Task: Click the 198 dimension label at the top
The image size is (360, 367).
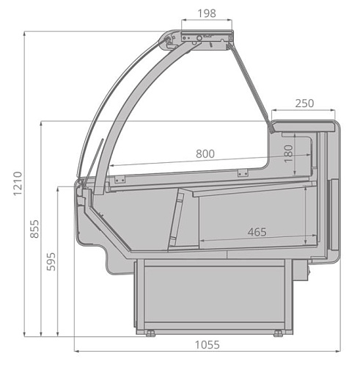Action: pos(207,13)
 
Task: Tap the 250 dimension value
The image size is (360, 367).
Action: pos(304,103)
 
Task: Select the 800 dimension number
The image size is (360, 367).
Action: pos(205,154)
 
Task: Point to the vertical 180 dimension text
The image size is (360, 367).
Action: pos(289,153)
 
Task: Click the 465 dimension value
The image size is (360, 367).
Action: pos(257,232)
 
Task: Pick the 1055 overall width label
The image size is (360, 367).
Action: pos(207,345)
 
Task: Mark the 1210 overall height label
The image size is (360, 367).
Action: pos(18,183)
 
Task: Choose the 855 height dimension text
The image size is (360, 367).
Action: pos(34,229)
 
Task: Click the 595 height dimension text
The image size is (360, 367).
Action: pos(51,261)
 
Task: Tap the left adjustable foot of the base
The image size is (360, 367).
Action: pos(150,333)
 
